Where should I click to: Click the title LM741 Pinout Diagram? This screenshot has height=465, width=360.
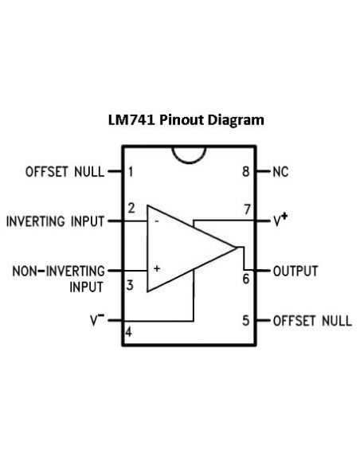point(186,120)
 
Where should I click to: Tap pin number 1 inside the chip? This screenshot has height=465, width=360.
point(131,172)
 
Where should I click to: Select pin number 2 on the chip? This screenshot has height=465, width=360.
point(131,208)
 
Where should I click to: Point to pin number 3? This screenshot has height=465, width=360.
point(130,285)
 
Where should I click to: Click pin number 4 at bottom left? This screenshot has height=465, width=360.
point(128,332)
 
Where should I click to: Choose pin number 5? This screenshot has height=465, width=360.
point(246,321)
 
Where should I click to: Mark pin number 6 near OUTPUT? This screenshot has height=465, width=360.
point(246,279)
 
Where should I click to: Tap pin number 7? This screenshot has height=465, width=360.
point(248,209)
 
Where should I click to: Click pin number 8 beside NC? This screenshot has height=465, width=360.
point(246,171)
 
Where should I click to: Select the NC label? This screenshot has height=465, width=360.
point(280,172)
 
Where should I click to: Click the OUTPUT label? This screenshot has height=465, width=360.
point(295,271)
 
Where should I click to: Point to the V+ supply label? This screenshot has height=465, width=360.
point(280,220)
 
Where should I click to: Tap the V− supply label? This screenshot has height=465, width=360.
point(97,320)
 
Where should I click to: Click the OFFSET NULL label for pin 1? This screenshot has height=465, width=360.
point(65,172)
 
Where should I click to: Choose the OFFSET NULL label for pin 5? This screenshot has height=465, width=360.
point(312,321)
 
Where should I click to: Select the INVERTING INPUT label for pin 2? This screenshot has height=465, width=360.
point(56,221)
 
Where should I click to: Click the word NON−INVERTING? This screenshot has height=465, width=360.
point(59,271)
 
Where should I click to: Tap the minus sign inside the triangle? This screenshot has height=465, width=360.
point(157,221)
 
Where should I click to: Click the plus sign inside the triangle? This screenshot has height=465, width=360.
point(157,268)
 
